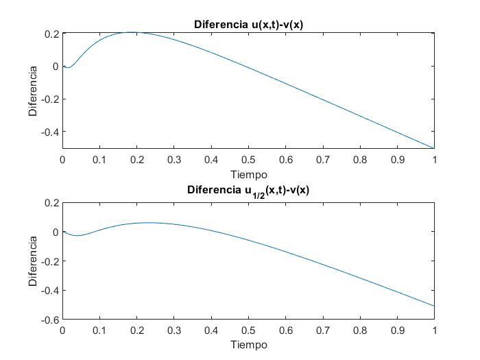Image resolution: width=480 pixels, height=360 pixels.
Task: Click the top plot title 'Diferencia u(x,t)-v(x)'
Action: (248, 25)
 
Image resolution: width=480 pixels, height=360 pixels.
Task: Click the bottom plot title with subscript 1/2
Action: (248, 190)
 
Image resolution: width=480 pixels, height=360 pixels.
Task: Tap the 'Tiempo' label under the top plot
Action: (248, 174)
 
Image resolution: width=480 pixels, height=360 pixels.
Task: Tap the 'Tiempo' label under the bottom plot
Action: (248, 344)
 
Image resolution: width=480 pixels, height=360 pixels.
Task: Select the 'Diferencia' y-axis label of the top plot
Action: (32, 91)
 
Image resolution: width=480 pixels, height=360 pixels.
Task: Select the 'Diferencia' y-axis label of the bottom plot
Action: (32, 261)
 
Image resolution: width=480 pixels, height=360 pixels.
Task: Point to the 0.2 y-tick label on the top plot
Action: (50, 34)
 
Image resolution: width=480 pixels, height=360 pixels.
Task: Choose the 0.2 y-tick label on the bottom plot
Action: (50, 203)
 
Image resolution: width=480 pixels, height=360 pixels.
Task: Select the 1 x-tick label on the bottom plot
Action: (434, 330)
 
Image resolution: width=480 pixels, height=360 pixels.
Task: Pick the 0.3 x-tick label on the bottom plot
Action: (174, 330)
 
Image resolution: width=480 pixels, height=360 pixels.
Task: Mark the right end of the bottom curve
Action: (434, 306)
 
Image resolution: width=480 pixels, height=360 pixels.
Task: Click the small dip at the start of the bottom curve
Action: (77, 236)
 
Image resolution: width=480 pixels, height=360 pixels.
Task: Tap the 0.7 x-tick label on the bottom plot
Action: (323, 330)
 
